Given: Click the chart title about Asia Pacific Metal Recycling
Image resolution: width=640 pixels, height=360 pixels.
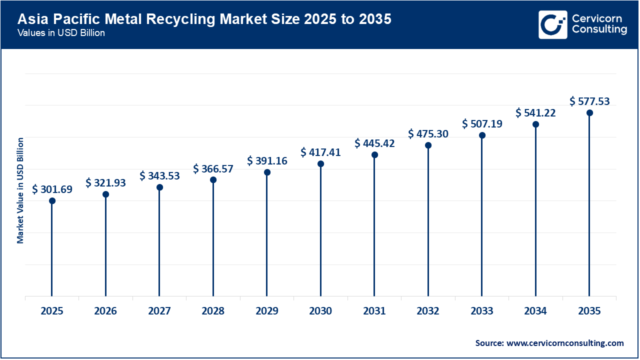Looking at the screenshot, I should tap(204, 19).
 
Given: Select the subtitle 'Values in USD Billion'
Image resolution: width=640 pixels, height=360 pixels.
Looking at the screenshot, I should tap(61, 33).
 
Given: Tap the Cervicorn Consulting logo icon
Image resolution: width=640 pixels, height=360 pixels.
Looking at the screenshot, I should tap(552, 24).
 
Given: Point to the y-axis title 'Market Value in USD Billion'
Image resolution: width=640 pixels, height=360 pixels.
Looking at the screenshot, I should tap(20, 190).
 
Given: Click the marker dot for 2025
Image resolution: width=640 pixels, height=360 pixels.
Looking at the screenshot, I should tap(52, 201).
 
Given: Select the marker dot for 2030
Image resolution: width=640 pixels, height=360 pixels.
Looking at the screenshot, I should tap(320, 164).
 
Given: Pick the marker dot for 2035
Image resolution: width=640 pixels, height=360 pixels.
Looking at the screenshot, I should tap(589, 113).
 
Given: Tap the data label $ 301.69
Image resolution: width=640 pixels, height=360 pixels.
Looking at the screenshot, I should tap(52, 189).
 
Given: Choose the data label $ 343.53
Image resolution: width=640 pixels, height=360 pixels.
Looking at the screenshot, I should tap(159, 176).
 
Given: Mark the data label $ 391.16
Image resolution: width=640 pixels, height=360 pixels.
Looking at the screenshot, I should tap(267, 161).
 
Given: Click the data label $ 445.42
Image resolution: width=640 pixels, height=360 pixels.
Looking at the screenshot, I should tap(374, 143).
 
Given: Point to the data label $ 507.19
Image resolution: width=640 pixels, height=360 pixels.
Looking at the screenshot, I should tap(482, 123).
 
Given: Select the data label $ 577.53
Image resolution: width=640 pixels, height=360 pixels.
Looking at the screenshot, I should tap(589, 101).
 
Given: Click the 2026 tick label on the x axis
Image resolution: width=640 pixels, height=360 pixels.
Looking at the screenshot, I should tap(105, 311).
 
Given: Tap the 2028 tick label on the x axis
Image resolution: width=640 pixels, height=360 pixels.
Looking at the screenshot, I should tap(213, 311).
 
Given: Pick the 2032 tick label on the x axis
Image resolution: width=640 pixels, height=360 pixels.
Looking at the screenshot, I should tap(428, 311).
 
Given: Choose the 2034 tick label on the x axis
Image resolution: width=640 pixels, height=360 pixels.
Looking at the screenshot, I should tap(535, 311).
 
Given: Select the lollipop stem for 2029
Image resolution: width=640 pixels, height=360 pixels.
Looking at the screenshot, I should tap(267, 235).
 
